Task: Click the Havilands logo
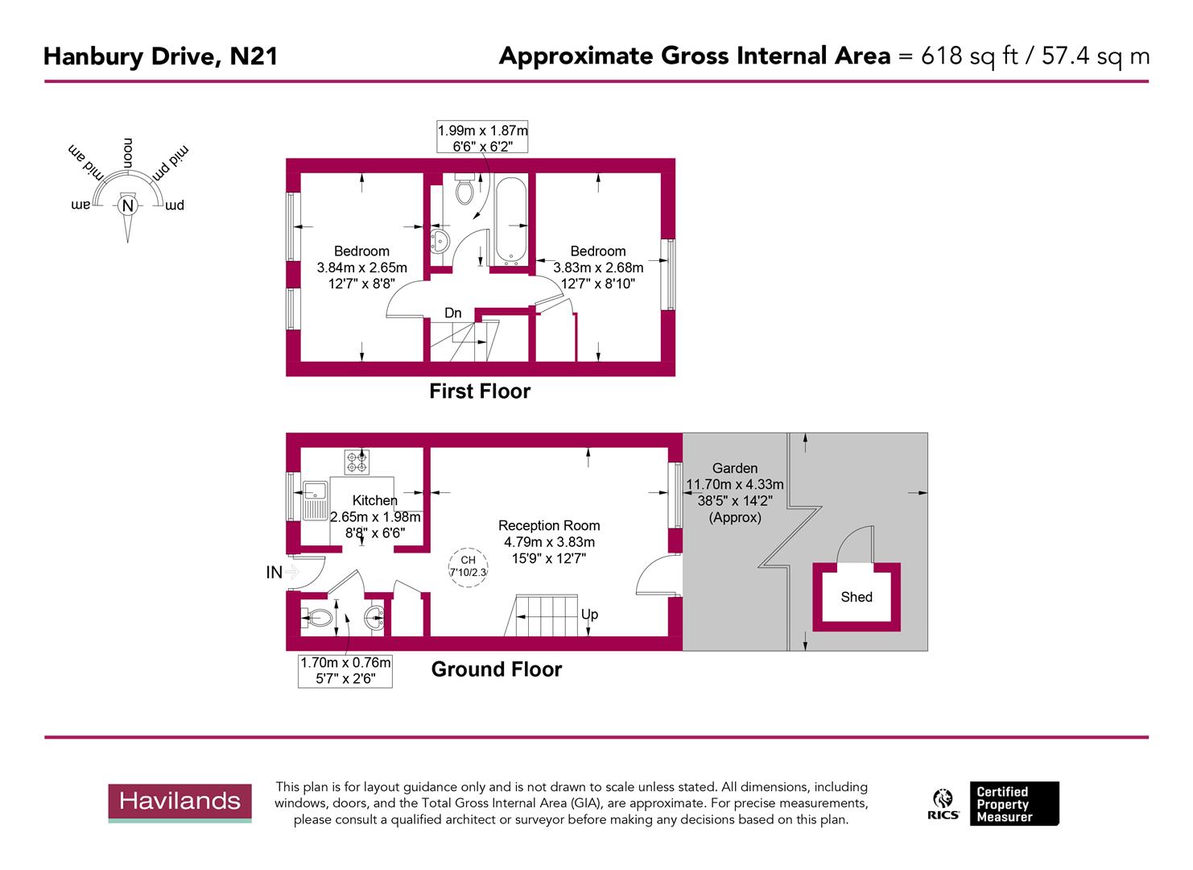pos(180,802)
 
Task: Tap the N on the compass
pos(127,205)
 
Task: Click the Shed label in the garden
pos(857,597)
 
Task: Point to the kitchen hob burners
pos(357,462)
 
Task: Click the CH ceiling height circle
pos(469,565)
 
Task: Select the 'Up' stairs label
pos(589,615)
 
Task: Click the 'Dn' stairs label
pos(453,313)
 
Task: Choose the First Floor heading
pos(480,391)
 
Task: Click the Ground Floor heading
pos(497,669)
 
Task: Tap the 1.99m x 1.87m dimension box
pos(483,138)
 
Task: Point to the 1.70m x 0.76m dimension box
pos(345,671)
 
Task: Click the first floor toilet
pos(464,191)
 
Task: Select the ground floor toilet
pos(318,619)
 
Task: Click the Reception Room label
pos(549,526)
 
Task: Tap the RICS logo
pos(943,804)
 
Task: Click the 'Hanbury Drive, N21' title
pos(160,56)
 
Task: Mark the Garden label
pos(735,468)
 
